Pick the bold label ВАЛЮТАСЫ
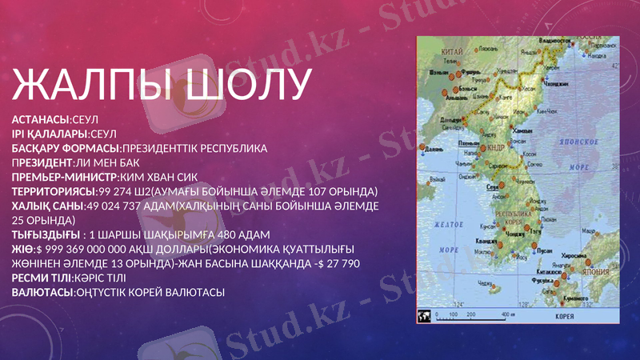pos(42,292)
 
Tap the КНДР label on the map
pos(494,148)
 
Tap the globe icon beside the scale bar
pos(424,316)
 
